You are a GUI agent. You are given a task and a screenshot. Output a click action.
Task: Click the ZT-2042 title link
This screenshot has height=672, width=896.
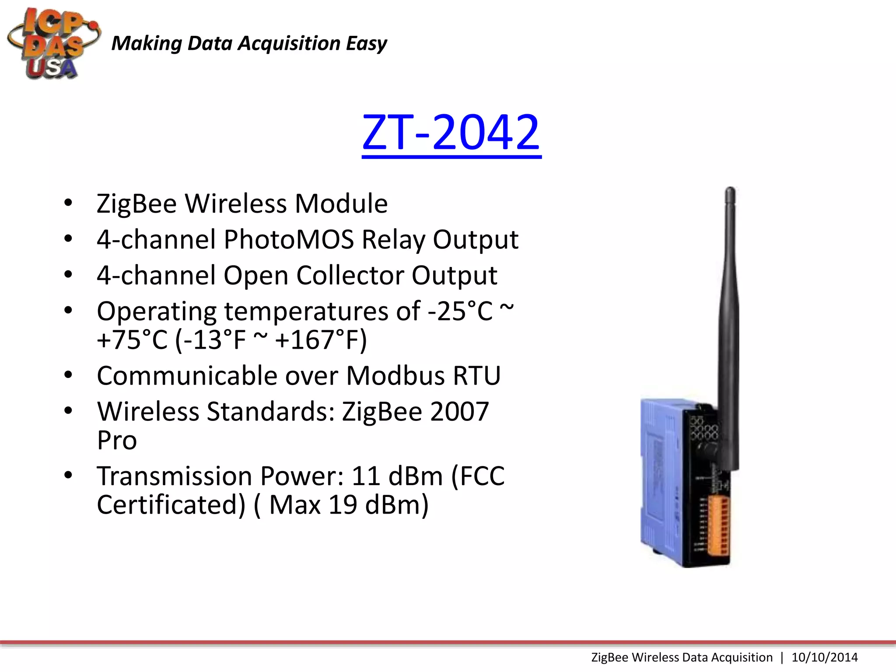[x=451, y=133]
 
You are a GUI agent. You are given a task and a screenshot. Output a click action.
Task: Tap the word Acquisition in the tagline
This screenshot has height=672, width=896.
[x=289, y=44]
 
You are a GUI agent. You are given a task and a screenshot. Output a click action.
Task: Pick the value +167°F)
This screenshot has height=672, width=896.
[x=321, y=340]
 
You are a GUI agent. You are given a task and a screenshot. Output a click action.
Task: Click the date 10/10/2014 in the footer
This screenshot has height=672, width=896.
[x=825, y=657]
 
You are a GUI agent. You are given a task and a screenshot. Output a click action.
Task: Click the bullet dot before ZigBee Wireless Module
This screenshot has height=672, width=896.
[x=68, y=203]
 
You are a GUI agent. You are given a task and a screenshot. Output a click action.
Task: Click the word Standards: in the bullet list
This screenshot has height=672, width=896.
[x=271, y=412]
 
